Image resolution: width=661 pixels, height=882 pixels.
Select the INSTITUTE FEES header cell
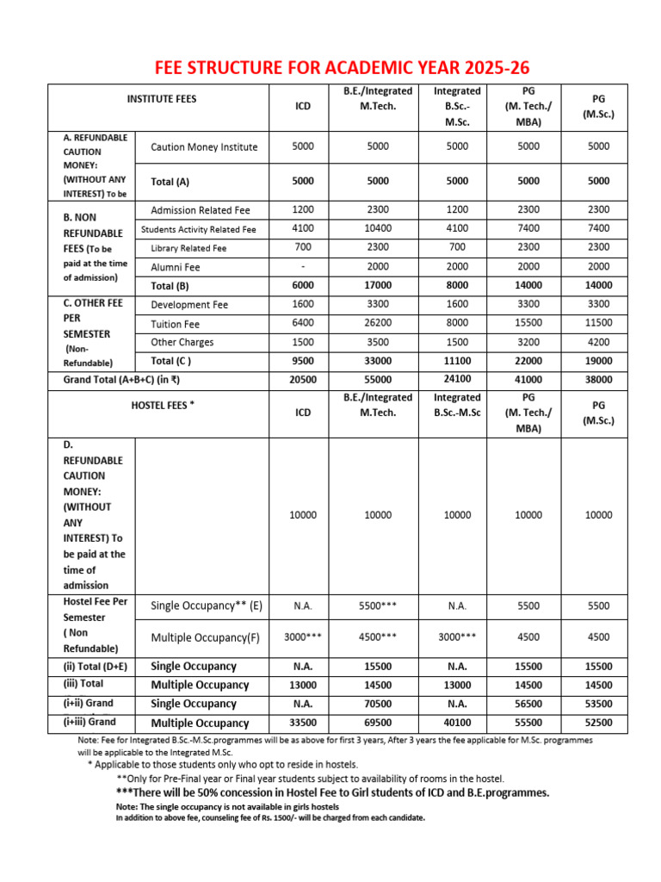161,99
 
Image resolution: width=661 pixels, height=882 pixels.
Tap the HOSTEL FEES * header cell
162,405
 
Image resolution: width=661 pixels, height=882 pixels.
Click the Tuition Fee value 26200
378,324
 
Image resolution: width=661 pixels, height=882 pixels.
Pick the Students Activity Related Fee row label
199,229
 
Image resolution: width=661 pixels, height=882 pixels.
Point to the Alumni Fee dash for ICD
303,267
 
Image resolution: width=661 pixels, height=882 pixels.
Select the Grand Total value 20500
303,379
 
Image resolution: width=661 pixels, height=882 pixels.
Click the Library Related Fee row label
188,248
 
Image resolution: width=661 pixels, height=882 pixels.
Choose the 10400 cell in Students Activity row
378,228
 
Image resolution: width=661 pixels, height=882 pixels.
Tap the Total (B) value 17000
378,285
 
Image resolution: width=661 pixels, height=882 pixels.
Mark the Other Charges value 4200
598,342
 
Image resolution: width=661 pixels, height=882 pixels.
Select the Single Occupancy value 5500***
378,606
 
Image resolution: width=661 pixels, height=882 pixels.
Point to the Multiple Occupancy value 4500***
378,637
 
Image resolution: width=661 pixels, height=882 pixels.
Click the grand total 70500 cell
378,703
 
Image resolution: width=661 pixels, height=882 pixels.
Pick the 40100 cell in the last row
457,722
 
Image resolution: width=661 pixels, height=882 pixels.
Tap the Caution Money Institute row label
204,147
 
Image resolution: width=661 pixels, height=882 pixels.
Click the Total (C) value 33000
378,361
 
